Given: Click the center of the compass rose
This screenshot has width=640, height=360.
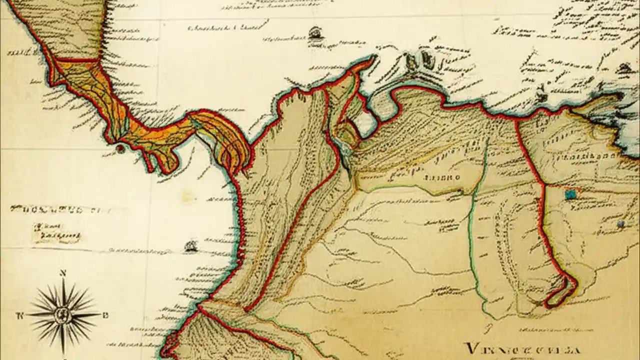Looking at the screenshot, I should click(63, 315).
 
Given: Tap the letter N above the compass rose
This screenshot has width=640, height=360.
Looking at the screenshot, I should click(63, 273).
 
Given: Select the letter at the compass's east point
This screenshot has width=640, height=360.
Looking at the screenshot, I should click(105, 315).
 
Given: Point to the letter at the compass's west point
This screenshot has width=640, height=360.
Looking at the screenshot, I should click(20, 315).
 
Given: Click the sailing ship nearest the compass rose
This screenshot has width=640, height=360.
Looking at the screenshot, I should click(190, 246).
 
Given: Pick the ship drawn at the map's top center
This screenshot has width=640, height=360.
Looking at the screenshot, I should click(314, 33).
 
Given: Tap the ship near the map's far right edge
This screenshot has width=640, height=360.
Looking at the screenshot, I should click(624, 68).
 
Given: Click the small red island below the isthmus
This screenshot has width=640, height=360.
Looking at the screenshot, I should click(119, 148).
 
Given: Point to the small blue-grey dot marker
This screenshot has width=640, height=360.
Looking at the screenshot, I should click(621, 224).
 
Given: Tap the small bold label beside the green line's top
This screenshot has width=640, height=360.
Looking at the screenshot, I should click(440, 177).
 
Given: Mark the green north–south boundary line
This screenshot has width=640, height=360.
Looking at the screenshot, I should click(472, 235).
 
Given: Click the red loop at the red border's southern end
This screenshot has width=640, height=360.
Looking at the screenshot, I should click(564, 290).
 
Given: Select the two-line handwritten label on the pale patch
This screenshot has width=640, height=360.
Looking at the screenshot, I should click(56, 231).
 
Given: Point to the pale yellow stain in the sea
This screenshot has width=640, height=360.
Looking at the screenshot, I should click(188, 197).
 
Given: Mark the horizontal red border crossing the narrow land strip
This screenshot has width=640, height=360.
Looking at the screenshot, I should click(77, 60).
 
